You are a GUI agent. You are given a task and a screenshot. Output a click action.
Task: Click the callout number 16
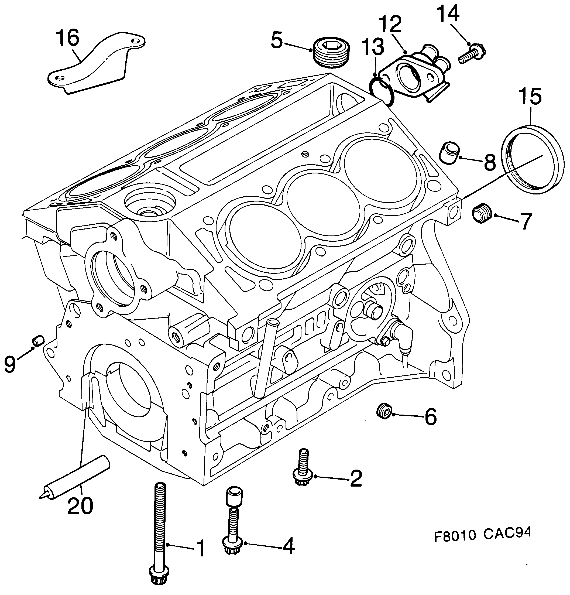point(67,39)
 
